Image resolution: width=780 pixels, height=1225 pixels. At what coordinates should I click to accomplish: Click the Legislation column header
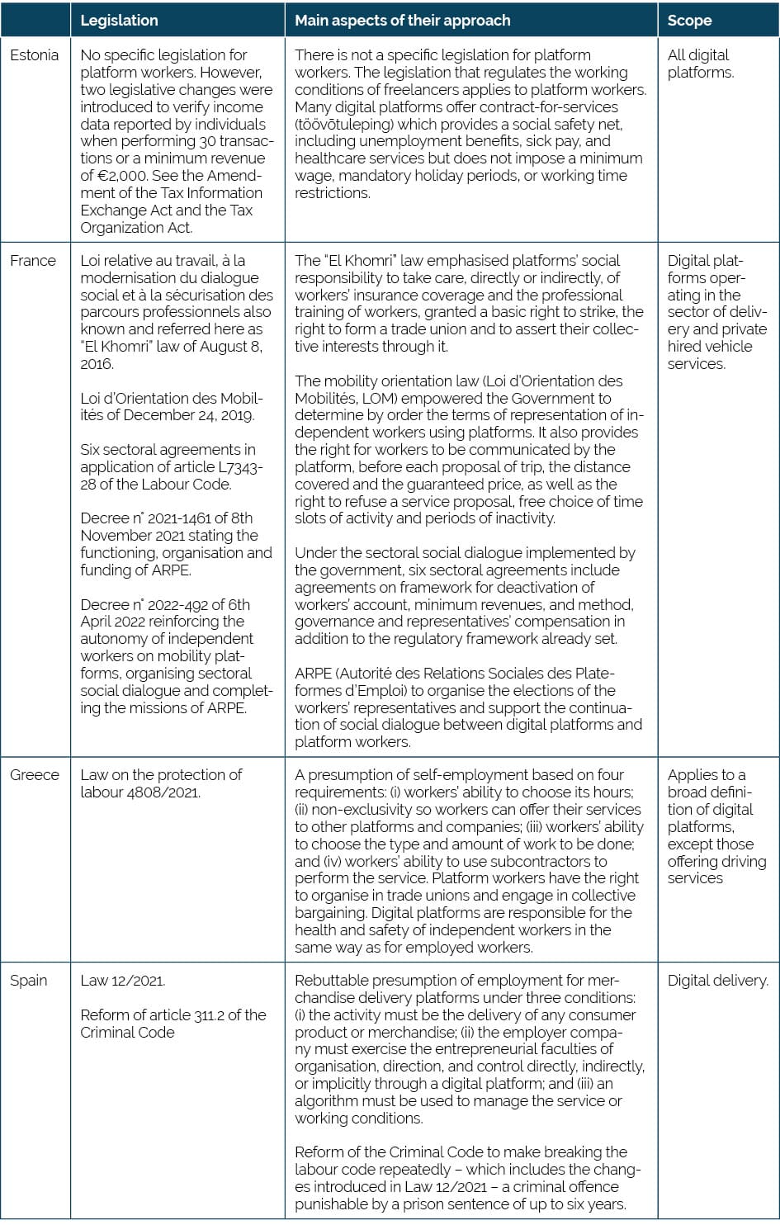[119, 21]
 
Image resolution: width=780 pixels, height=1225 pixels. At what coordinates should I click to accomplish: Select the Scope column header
[689, 21]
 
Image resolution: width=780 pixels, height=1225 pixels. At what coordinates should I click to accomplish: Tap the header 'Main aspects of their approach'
[403, 21]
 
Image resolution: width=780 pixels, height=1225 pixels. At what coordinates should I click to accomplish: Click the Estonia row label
[34, 55]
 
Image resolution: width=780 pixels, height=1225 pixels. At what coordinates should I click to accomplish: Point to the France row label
[33, 261]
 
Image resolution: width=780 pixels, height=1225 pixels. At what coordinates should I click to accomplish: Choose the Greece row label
[35, 775]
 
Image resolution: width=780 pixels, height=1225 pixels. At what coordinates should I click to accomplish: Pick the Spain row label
[29, 981]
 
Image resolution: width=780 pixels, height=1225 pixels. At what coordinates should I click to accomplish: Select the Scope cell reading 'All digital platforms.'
[700, 64]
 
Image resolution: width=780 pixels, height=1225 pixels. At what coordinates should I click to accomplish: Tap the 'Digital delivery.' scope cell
[717, 981]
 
